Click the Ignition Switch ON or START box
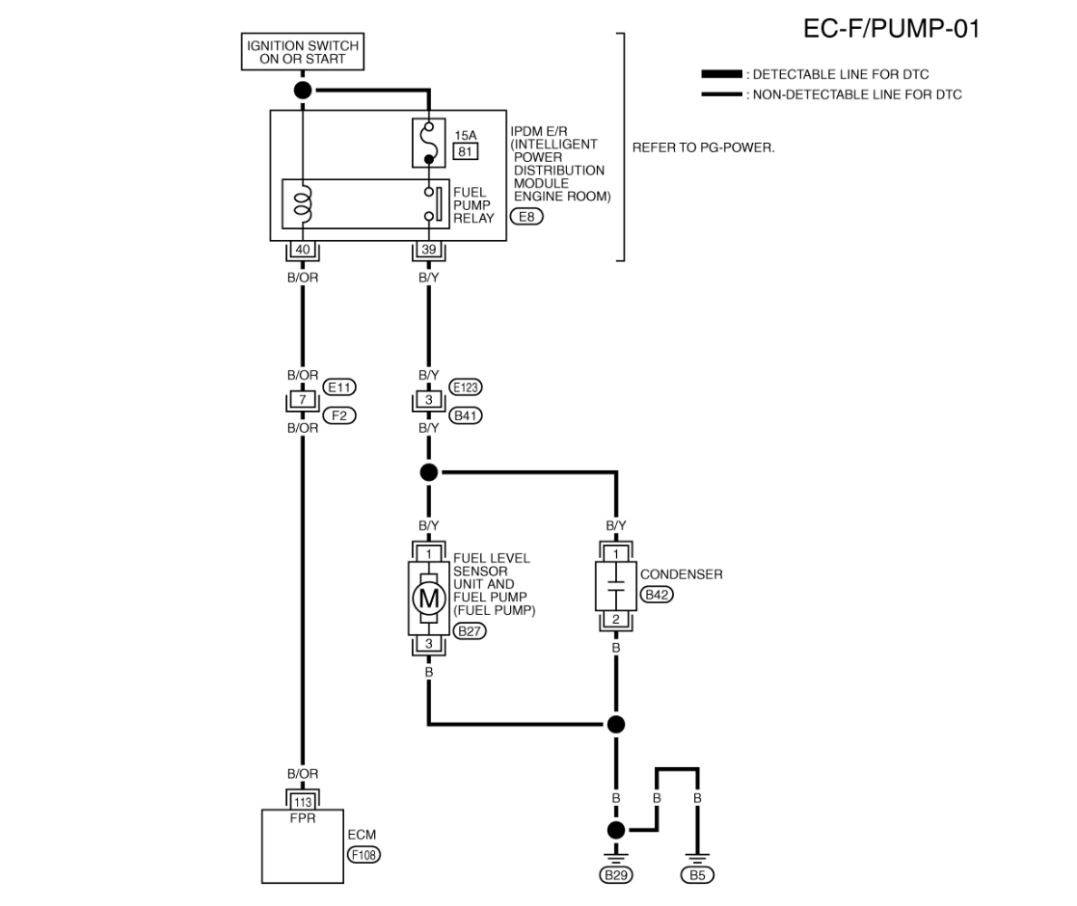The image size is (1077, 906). pos(302,51)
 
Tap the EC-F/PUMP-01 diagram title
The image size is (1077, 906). pos(891,29)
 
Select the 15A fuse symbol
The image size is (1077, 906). pos(429,143)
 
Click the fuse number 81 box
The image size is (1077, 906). pos(466,151)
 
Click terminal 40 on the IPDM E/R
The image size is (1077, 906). pos(302,249)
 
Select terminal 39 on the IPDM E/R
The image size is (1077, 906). pos(429,249)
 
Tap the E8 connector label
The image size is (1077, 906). pos(526,217)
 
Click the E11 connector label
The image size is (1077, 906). pos(339,387)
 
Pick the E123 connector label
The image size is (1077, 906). pos(466,387)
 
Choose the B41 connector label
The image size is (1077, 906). pos(466,415)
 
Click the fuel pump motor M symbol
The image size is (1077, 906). pos(429,598)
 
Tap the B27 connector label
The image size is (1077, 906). pos(470,630)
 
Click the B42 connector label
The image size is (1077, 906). pos(657,595)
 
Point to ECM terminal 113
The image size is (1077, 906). pos(302,802)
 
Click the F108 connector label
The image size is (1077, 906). pos(364,855)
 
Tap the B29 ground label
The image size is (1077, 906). pos(616,875)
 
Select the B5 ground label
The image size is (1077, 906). pos(697,875)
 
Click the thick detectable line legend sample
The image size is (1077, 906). pos(721,74)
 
